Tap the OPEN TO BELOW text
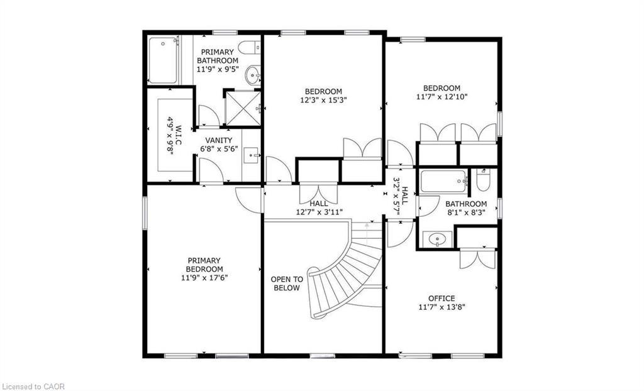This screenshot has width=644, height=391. point(286,284)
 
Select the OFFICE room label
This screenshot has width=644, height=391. point(441,298)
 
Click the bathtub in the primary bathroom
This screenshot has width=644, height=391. point(162,60)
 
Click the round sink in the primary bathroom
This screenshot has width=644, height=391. point(253,76)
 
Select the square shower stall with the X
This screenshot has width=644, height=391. point(242,107)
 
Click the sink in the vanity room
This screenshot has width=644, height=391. point(251,154)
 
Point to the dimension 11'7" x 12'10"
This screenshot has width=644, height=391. point(441,97)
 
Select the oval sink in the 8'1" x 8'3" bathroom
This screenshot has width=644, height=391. point(435,239)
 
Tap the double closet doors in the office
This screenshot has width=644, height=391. point(477,258)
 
